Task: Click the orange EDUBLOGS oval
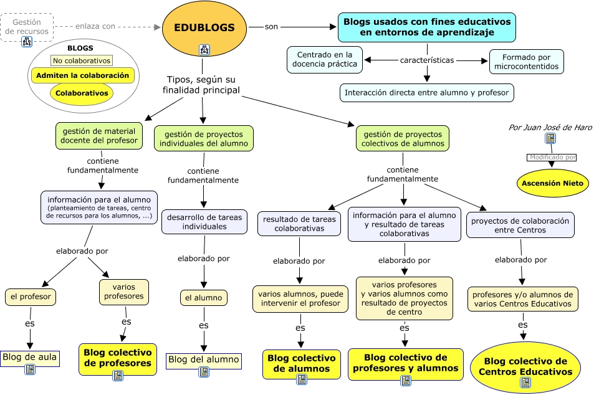click(x=204, y=27)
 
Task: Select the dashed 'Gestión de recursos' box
click(x=27, y=26)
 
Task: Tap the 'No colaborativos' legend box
click(x=82, y=60)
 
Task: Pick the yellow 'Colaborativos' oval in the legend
click(x=82, y=93)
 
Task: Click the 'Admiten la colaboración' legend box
click(x=82, y=75)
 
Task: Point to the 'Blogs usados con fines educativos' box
click(x=427, y=27)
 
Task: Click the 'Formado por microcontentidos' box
click(x=526, y=62)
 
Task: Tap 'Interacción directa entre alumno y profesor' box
click(x=427, y=93)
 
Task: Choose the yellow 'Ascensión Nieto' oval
click(x=552, y=183)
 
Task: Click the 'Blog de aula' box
click(x=30, y=357)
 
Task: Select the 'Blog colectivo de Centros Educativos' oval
click(x=525, y=366)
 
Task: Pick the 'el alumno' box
click(x=203, y=298)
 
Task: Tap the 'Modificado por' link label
click(x=552, y=158)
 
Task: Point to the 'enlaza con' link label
click(x=95, y=26)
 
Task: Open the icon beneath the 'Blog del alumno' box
click(x=204, y=372)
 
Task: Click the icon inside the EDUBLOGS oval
click(x=204, y=49)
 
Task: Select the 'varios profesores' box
click(x=123, y=291)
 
